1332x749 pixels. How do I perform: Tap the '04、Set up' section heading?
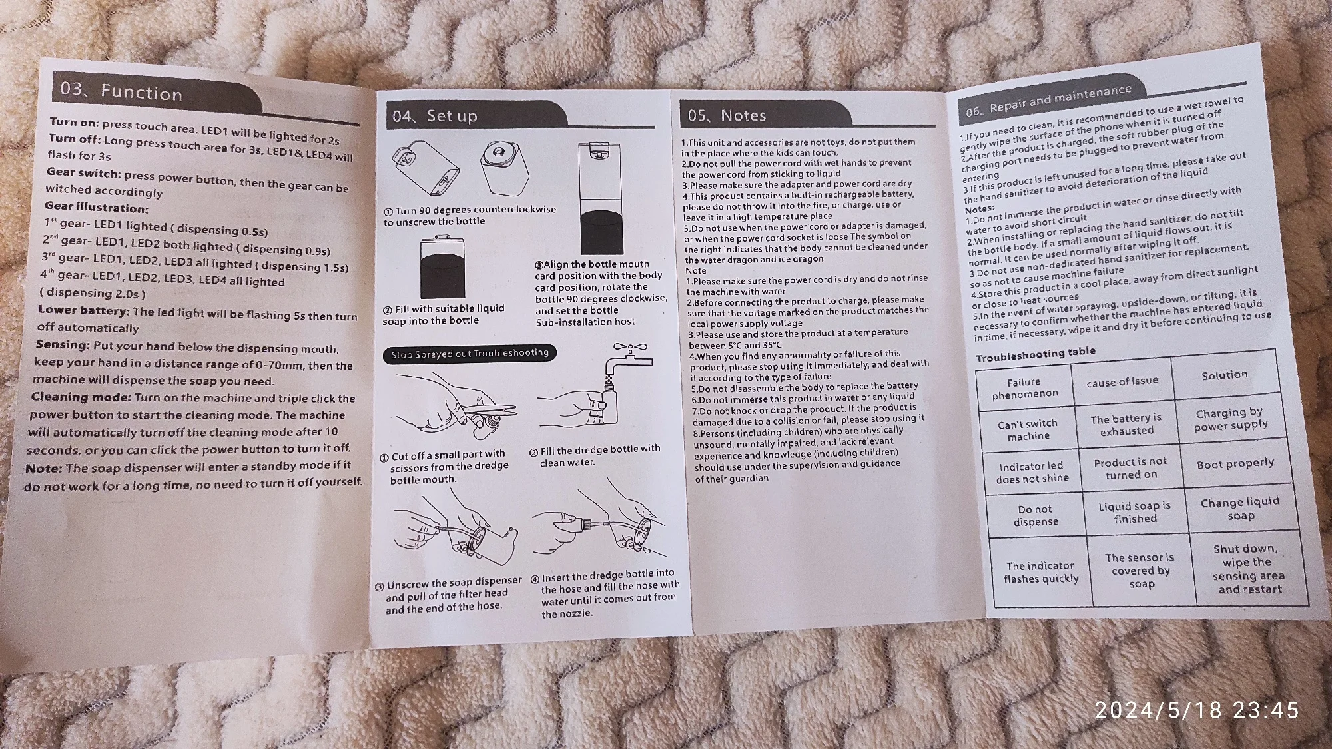coord(435,116)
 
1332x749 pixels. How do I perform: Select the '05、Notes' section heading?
coord(727,115)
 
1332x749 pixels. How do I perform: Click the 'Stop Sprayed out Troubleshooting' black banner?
coord(470,354)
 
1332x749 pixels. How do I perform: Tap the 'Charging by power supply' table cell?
coord(1230,419)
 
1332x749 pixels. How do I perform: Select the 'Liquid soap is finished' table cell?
coord(1135,512)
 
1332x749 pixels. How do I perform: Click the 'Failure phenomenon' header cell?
coord(1024,387)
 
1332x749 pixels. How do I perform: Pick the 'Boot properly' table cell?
coord(1235,463)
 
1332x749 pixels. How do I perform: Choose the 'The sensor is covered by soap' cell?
coord(1140,570)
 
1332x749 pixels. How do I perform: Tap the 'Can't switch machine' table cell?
coord(1028,429)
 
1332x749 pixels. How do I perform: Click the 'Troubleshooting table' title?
coord(1035,354)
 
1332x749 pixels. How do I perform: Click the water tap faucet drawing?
coord(629,360)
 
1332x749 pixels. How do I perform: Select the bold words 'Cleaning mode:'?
coord(81,397)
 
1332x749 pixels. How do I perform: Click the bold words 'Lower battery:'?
coord(84,310)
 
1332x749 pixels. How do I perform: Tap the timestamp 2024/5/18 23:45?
coord(1196,710)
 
